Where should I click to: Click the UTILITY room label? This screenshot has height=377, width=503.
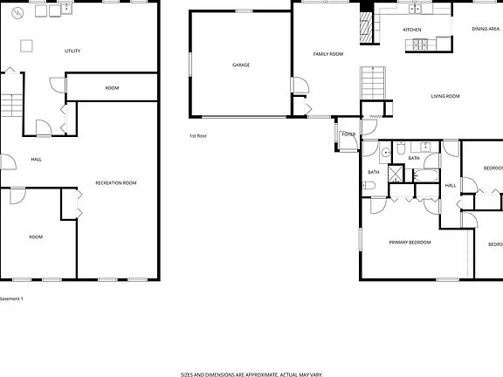click(x=72, y=51)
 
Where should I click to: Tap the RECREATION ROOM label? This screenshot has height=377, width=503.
click(x=116, y=182)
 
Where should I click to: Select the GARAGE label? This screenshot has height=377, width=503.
click(x=241, y=65)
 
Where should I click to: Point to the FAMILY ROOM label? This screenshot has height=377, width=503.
click(x=328, y=54)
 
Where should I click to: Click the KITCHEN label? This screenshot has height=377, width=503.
click(x=412, y=30)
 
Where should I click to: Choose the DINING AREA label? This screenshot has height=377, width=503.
click(x=486, y=30)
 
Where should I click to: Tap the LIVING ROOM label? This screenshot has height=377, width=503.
click(x=445, y=96)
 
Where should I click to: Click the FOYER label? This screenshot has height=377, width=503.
click(x=348, y=134)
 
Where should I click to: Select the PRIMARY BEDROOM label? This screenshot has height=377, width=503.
click(x=410, y=242)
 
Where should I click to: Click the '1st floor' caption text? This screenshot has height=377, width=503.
click(x=198, y=136)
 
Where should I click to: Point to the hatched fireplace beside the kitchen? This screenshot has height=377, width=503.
click(x=366, y=31)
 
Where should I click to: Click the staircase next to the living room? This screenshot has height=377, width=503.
click(x=372, y=85)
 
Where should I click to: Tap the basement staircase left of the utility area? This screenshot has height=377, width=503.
click(x=10, y=106)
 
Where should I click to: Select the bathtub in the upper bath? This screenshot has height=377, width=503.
click(x=427, y=175)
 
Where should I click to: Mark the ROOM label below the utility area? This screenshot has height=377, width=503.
click(x=112, y=87)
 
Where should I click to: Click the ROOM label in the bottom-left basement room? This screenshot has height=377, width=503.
click(x=36, y=236)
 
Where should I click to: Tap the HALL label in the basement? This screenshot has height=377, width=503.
click(x=36, y=160)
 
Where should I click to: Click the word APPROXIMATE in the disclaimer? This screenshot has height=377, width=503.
click(x=258, y=374)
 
